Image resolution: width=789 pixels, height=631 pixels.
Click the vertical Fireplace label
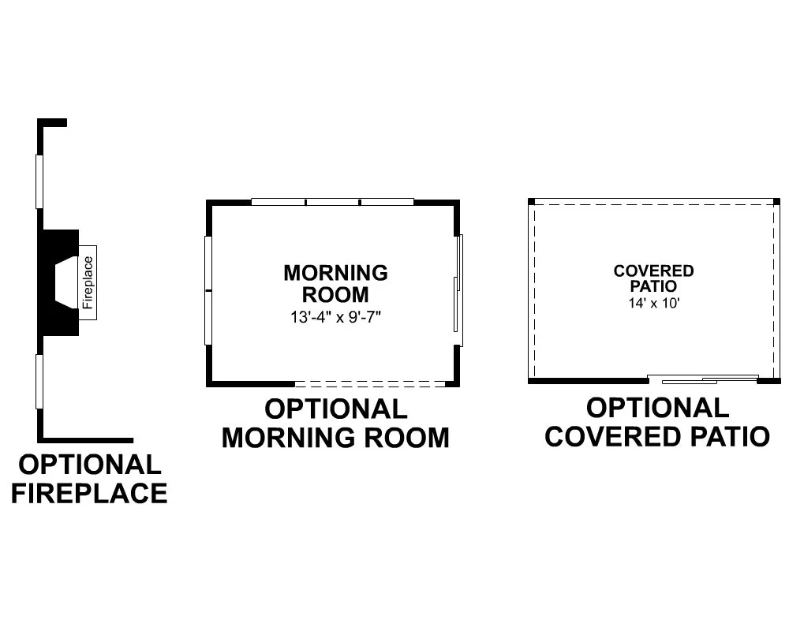(x=88, y=282)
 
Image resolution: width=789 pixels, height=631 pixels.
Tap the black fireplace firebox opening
(x=66, y=282)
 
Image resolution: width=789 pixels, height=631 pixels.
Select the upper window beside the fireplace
(x=39, y=181)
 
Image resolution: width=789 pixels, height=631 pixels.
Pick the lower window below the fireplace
(x=39, y=382)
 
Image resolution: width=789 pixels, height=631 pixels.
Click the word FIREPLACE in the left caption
(x=90, y=493)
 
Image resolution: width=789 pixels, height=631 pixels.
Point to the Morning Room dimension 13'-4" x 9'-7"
(x=335, y=317)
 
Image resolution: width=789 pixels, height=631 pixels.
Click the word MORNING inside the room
(x=335, y=273)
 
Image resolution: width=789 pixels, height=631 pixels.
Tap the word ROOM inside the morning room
(x=335, y=295)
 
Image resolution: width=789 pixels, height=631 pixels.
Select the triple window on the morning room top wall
(x=333, y=202)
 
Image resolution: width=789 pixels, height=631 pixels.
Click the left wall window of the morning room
(x=208, y=290)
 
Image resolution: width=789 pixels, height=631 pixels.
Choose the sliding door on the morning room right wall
(x=458, y=290)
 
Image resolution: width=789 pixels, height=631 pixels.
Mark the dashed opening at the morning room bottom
(x=370, y=384)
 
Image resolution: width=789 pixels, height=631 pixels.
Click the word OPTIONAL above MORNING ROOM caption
(x=335, y=409)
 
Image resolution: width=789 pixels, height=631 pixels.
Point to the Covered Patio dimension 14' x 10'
(x=653, y=303)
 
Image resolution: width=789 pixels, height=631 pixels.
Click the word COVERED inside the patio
(x=653, y=271)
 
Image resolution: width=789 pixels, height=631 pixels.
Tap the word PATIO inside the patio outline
(x=653, y=286)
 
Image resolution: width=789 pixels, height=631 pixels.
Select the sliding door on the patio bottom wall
(x=703, y=379)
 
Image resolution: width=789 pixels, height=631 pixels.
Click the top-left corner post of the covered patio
(x=531, y=201)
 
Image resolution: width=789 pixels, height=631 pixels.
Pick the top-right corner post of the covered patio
(x=776, y=201)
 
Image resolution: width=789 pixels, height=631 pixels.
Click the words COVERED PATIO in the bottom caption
(x=657, y=437)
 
